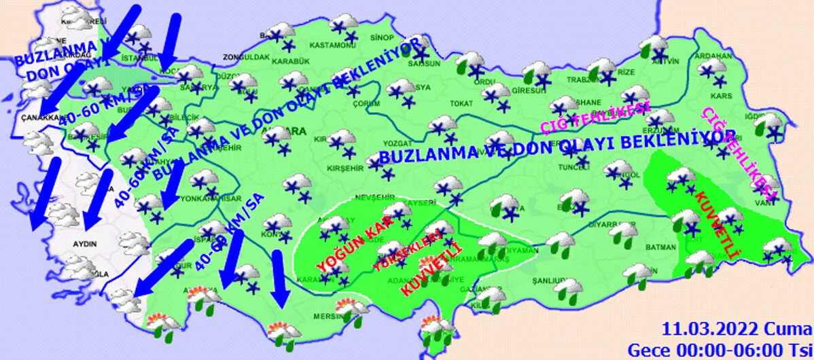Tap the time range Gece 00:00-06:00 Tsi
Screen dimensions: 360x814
(x=720, y=349)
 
